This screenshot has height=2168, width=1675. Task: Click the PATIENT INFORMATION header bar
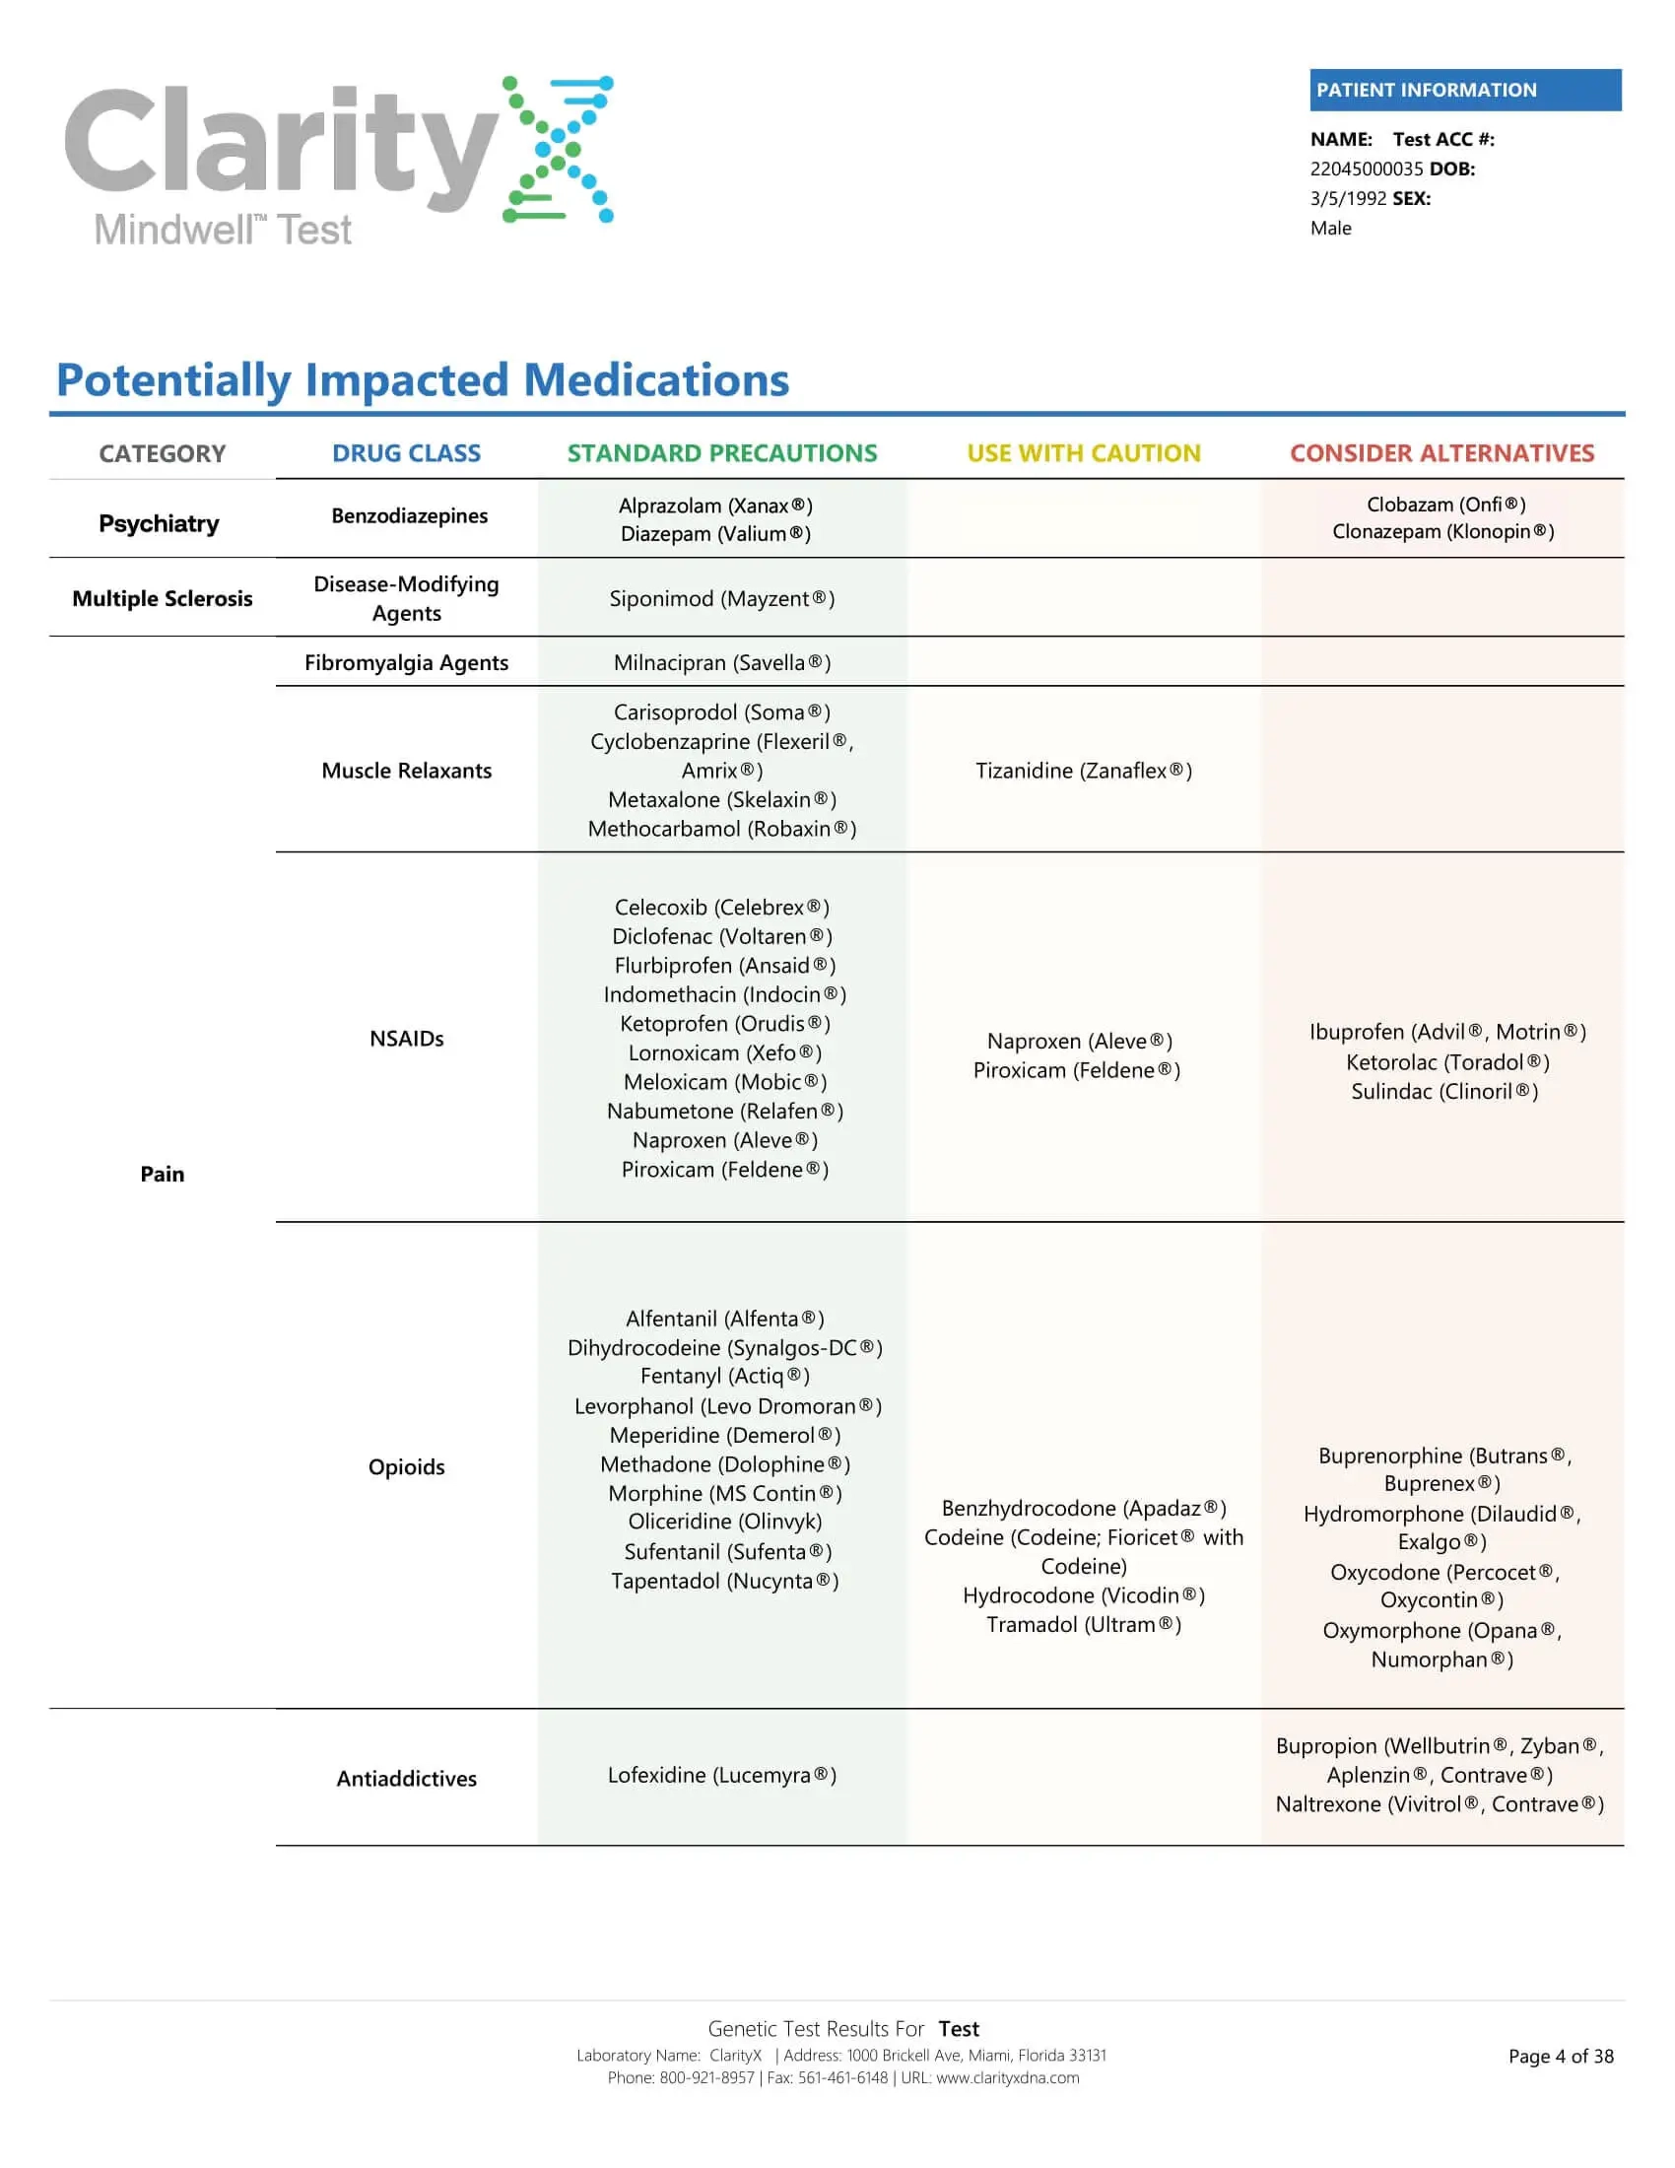tap(1464, 90)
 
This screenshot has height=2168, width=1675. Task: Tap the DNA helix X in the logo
tap(558, 149)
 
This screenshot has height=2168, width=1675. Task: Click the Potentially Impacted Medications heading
tap(423, 380)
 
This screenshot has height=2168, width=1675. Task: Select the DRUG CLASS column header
tap(406, 453)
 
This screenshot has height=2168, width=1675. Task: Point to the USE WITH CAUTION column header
tap(1084, 453)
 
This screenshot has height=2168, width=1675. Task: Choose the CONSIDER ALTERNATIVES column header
tap(1441, 453)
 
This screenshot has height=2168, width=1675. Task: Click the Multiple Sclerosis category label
tap(163, 598)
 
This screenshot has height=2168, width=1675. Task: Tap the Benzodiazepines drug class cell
tap(409, 516)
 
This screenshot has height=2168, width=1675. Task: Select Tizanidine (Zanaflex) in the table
tap(1084, 772)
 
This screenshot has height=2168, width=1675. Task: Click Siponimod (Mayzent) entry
tap(721, 598)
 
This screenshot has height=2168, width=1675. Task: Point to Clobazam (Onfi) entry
tap(1445, 505)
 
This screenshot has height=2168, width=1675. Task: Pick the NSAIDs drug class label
tap(406, 1039)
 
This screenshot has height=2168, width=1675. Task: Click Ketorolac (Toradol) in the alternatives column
tap(1446, 1062)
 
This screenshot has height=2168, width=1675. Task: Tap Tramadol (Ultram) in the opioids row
tap(1084, 1625)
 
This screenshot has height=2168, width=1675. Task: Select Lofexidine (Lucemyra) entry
tap(721, 1775)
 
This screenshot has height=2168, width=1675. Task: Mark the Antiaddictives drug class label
tap(406, 1779)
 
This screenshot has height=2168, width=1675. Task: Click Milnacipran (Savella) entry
tap(721, 663)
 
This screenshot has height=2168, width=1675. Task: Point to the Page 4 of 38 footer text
tap(1560, 2057)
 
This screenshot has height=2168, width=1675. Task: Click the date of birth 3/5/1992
tap(1348, 198)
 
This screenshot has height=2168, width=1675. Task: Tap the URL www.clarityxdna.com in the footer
tap(1007, 2077)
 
